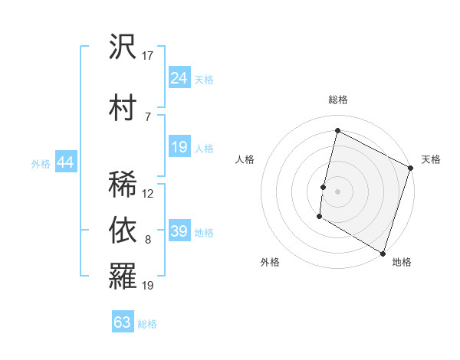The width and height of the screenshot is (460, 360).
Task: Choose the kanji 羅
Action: click(x=123, y=276)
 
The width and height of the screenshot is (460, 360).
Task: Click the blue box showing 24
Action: click(x=179, y=78)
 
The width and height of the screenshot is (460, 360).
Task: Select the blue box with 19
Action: click(x=179, y=147)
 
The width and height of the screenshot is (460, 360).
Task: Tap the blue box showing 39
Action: click(x=179, y=231)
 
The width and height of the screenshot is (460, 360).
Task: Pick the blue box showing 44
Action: click(x=65, y=162)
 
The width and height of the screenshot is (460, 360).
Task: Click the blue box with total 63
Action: click(x=123, y=322)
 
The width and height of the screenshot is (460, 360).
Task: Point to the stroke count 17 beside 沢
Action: click(x=148, y=55)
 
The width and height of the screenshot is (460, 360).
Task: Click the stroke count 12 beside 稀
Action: click(x=148, y=194)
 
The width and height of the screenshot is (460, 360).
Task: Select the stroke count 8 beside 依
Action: click(x=147, y=240)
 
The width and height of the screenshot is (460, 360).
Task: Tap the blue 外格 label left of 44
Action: click(x=41, y=163)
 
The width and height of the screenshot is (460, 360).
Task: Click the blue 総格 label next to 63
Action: click(x=147, y=324)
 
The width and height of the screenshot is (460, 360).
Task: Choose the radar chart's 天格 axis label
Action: click(x=431, y=159)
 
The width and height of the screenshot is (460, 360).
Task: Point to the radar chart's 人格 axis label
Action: click(x=245, y=159)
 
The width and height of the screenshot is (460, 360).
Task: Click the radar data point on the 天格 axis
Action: click(x=411, y=168)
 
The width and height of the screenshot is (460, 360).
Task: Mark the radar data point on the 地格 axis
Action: click(x=383, y=253)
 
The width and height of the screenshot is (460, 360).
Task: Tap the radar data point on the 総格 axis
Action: click(x=337, y=131)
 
